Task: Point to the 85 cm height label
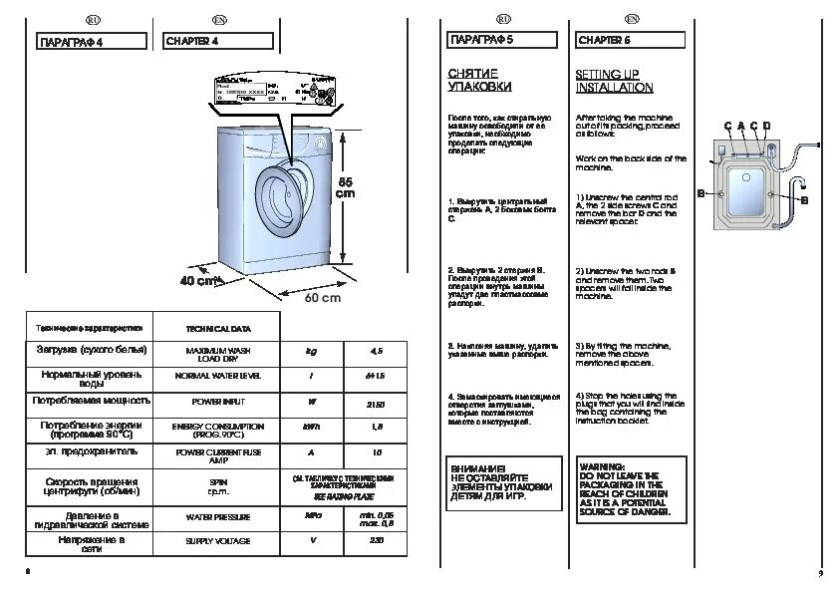pos(345,187)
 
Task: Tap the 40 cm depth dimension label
pos(198,281)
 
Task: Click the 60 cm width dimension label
pos(323,297)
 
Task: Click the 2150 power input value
pos(376,403)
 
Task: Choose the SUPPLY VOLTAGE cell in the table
pos(218,541)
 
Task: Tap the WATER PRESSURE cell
pos(218,517)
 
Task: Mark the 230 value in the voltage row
pos(376,541)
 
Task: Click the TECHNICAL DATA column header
pos(218,327)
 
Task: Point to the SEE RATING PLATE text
pos(345,493)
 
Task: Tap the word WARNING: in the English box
pos(602,466)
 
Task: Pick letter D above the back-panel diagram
pos(767,125)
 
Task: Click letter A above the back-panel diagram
pos(741,125)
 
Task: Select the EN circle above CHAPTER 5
pos(632,19)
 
